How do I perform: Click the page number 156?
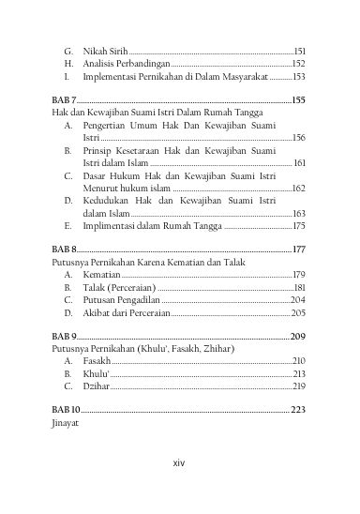(299, 137)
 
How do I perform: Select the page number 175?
(299, 226)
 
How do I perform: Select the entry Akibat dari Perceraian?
(126, 312)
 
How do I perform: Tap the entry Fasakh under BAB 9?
(97, 360)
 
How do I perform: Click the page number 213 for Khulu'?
(299, 373)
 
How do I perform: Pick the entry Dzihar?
(96, 385)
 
